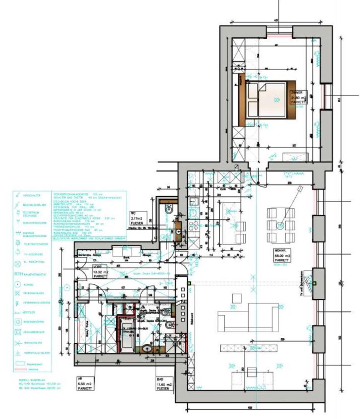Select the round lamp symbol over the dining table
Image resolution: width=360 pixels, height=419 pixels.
coord(280,225)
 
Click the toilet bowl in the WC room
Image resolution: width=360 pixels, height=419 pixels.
coord(170,210)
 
